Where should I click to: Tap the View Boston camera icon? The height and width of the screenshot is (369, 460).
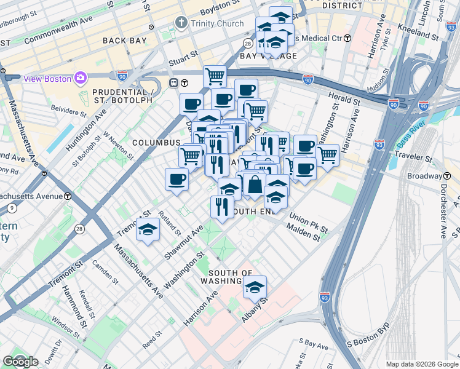(x=81, y=77)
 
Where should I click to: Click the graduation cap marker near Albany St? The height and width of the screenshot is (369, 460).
(x=255, y=287)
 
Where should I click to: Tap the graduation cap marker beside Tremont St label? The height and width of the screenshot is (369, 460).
(x=148, y=230)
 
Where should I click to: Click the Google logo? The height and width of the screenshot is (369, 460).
(x=20, y=362)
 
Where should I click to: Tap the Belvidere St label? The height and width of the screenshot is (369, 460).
(x=69, y=112)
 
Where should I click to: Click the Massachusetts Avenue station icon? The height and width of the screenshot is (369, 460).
(x=67, y=196)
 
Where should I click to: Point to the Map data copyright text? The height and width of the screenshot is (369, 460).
(x=422, y=363)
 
